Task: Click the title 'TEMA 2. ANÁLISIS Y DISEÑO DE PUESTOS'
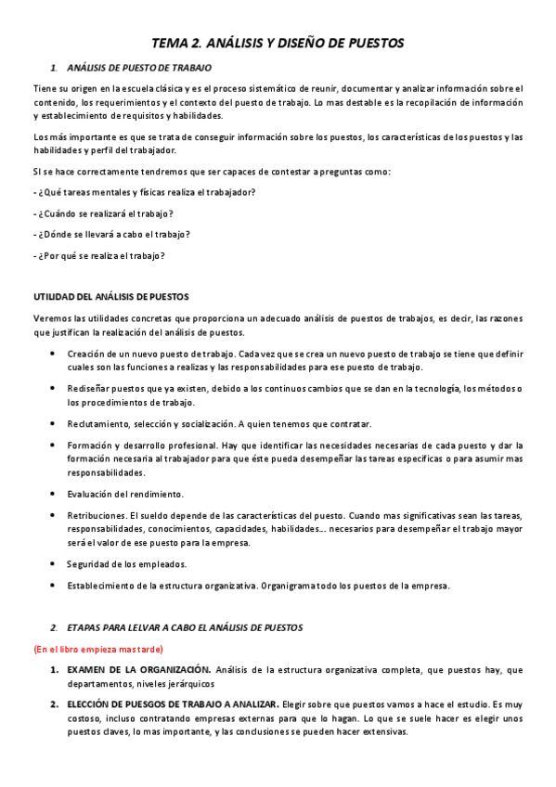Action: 278,43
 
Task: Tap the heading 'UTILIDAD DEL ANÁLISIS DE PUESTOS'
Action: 111,296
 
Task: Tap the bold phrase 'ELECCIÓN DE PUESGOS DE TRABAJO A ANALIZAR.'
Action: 173,704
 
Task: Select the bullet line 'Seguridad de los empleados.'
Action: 126,564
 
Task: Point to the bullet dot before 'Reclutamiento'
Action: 51,424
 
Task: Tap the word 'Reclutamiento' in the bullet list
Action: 98,424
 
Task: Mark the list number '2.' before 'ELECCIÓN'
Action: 55,704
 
